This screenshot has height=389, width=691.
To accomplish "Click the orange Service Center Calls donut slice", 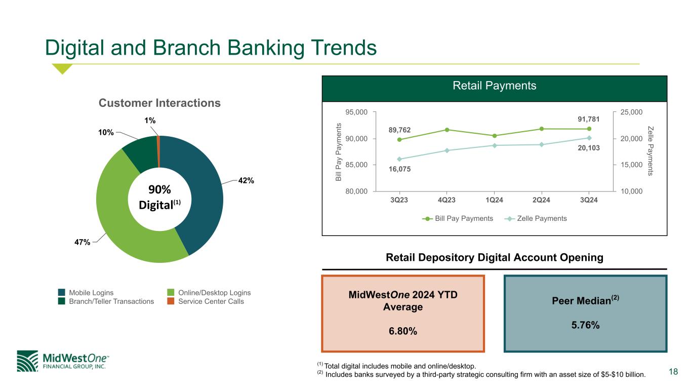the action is coord(158,151).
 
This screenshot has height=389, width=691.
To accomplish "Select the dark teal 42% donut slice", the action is coord(200,191).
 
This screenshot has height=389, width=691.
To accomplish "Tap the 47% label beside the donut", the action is coord(83,242).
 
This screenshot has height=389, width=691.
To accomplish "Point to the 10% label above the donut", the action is coord(106,132).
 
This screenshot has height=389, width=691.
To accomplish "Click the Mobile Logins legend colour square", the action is coord(62,292).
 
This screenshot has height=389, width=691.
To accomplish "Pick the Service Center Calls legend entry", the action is coord(206,301).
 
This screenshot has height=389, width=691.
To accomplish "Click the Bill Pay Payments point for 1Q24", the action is coord(494,136).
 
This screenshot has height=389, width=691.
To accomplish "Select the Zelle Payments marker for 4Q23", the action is coord(446,150).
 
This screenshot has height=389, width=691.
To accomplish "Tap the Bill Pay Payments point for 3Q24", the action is coord(589,129).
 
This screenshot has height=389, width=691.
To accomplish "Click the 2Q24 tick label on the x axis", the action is coord(541,200).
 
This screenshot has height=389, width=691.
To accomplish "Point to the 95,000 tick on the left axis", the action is coord(356,112).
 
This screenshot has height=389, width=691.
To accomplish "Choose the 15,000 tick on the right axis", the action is coord(631,165).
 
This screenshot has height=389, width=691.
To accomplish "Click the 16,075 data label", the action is coord(399,169).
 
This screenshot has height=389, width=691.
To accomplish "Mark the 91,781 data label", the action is coord(589,119).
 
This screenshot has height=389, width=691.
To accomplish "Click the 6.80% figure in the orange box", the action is coord(403,331).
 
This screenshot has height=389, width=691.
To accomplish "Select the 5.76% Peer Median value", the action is coord(586,325).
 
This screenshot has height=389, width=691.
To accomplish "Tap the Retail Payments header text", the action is coord(495,86).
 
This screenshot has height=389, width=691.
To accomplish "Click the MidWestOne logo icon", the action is coord(27,361).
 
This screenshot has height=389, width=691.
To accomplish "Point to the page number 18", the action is coord(673,371).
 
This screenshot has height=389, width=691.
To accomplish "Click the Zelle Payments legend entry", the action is coord(536,219).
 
